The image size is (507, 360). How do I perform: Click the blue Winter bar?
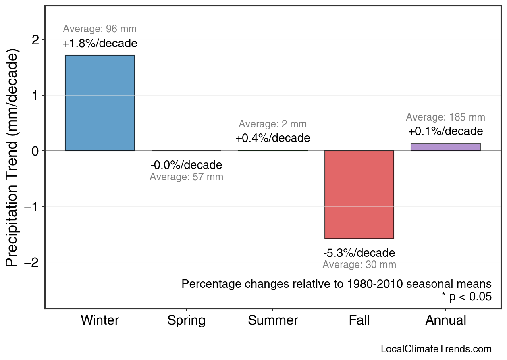click(100, 103)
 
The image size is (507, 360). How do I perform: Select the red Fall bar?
click(359, 195)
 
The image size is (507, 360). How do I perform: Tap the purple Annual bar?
click(445, 147)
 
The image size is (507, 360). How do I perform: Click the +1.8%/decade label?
click(100, 44)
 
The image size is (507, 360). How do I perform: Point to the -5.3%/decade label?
click(359, 253)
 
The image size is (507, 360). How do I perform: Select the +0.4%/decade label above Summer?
click(273, 138)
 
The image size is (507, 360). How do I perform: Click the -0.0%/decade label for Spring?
click(186, 165)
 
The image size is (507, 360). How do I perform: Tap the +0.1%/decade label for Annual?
click(445, 131)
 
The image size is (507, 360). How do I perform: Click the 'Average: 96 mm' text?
click(100, 29)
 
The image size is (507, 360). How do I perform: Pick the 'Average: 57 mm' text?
click(186, 177)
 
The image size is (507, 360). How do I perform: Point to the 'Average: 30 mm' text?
click(359, 265)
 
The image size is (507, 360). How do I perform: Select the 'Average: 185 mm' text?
click(445, 117)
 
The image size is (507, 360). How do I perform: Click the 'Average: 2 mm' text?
click(273, 124)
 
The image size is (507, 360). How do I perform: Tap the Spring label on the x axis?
click(186, 320)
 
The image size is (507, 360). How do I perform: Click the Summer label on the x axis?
click(273, 320)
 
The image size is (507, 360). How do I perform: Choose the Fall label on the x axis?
click(359, 320)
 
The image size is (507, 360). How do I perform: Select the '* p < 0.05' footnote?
click(466, 297)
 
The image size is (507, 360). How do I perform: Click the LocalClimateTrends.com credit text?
click(436, 349)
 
